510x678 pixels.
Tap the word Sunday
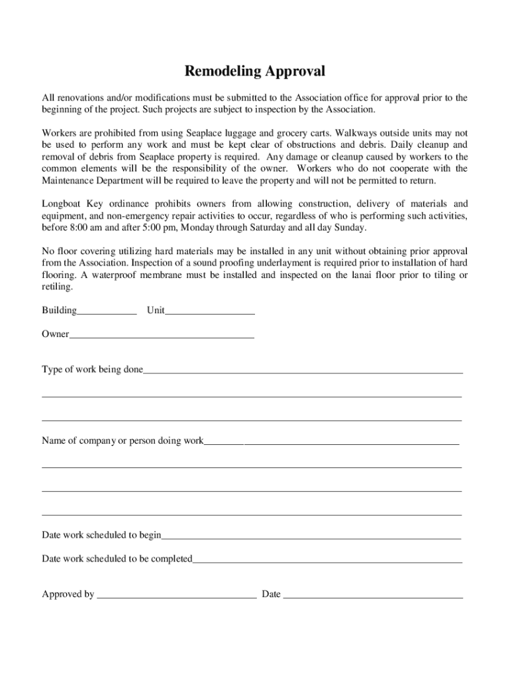coord(349,227)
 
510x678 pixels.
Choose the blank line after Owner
coord(162,336)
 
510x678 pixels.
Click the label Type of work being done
coord(92,369)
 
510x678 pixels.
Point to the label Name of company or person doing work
coord(123,440)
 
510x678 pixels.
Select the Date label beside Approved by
coord(271,594)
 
